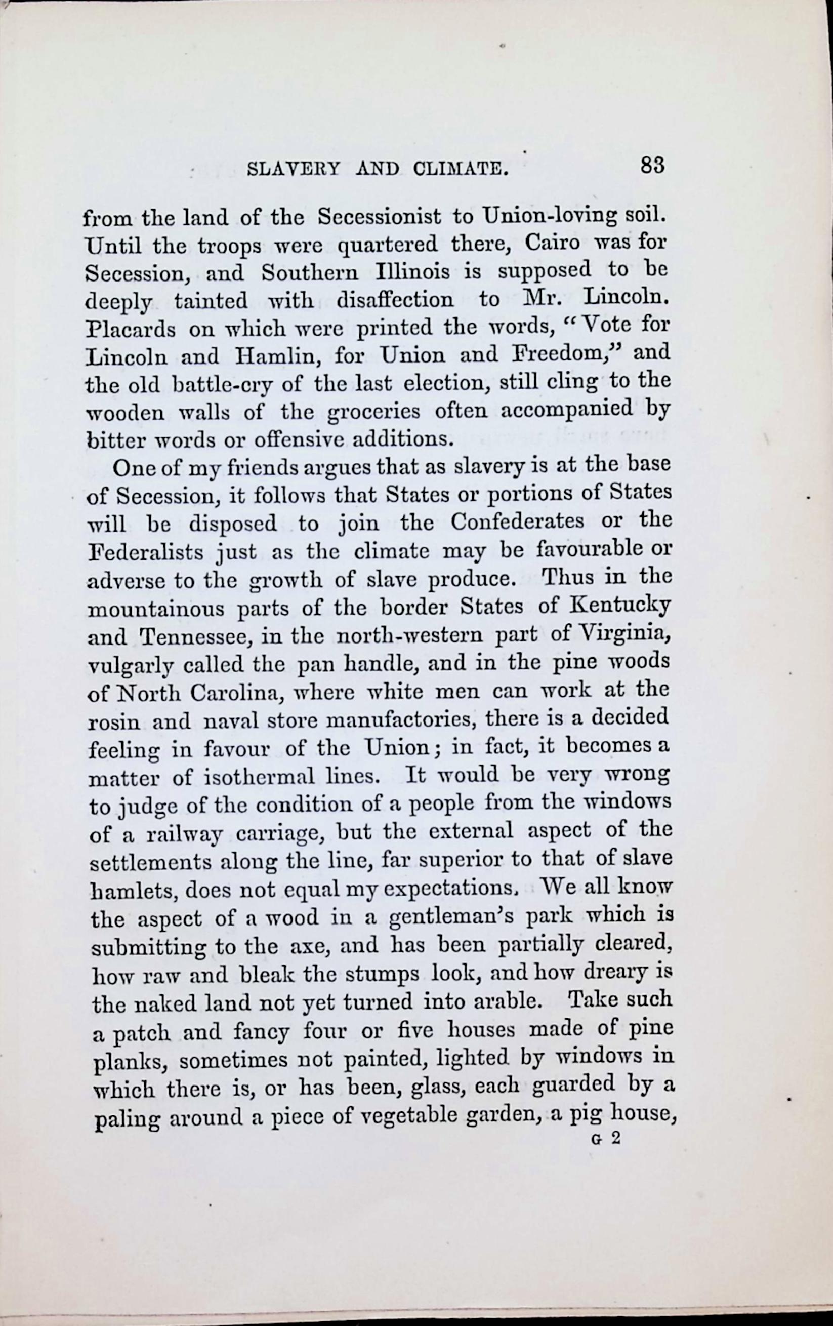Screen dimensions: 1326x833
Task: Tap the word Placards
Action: click(x=131, y=329)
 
